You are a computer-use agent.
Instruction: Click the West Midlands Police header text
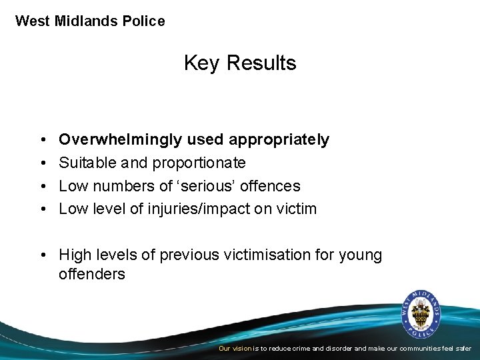click(90, 21)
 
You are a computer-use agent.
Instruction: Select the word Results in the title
click(261, 63)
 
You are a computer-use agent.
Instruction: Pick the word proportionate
click(199, 163)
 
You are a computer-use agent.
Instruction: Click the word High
click(75, 255)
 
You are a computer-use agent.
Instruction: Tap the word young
click(361, 255)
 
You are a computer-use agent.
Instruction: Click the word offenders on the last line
click(91, 275)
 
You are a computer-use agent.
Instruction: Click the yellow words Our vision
click(235, 349)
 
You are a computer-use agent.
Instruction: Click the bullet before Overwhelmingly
click(42, 140)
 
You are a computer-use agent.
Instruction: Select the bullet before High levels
click(42, 255)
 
